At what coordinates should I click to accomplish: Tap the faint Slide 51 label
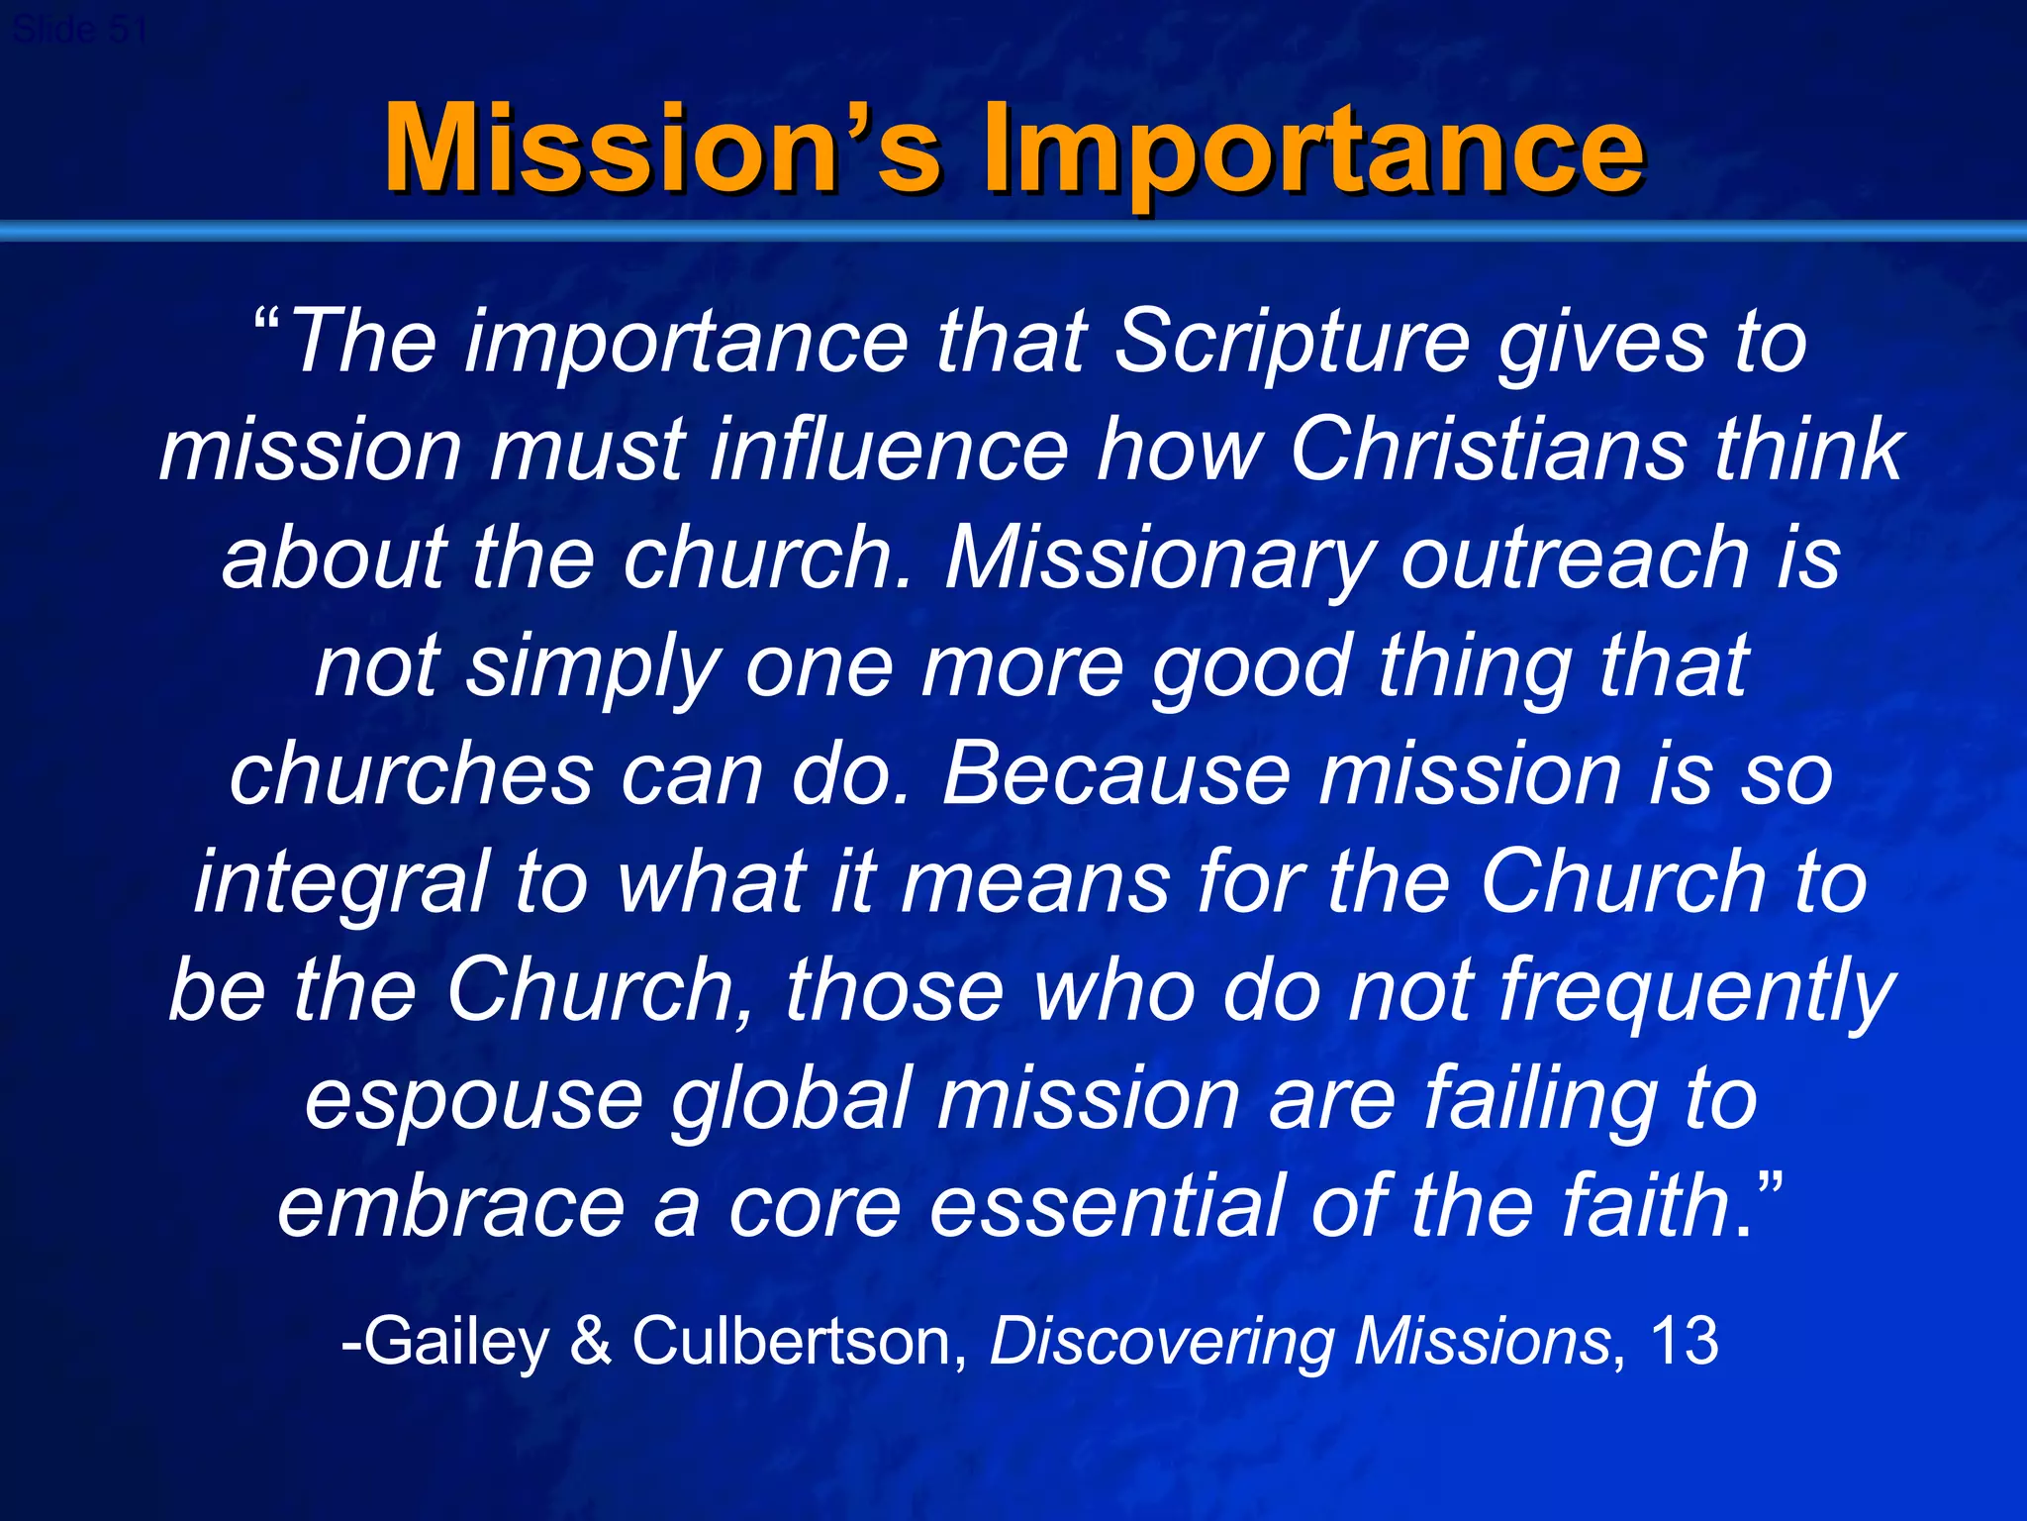tap(79, 30)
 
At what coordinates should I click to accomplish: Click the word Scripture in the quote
tap(1292, 342)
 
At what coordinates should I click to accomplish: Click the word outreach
tap(1575, 558)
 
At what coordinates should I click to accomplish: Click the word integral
tap(341, 882)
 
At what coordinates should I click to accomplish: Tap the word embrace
tap(450, 1206)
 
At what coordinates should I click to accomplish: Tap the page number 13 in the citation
tap(1684, 1342)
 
